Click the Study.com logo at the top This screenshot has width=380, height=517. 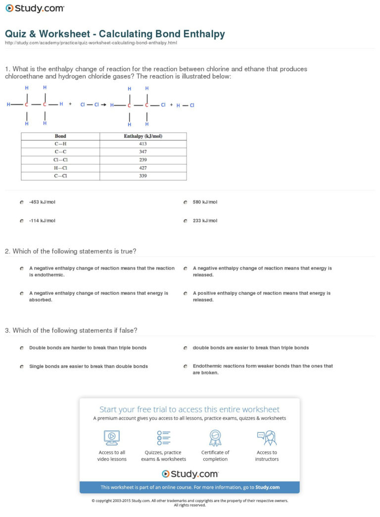point(35,8)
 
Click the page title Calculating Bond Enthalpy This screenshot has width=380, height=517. point(115,34)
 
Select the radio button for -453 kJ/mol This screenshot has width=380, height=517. point(22,202)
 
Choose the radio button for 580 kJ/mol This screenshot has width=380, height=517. point(185,202)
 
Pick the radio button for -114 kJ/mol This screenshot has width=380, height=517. point(22,221)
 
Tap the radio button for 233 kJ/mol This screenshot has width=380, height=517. point(185,221)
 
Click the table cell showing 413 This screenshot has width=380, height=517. point(143,144)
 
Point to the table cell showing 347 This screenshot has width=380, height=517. point(143,152)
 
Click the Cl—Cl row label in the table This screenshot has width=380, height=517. point(60,160)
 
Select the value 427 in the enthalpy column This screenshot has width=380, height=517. point(143,168)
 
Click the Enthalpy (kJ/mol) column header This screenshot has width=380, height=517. point(143,136)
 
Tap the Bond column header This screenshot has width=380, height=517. point(60,136)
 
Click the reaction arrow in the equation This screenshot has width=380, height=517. point(104,105)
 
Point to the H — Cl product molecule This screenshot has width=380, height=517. point(186,105)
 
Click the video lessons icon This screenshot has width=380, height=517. point(111,437)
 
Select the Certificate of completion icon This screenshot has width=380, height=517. point(215,437)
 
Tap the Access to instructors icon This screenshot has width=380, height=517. point(267,437)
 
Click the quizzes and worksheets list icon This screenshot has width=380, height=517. point(163,437)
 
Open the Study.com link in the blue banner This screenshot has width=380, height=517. point(267,487)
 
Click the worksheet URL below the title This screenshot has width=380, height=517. point(91,43)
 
